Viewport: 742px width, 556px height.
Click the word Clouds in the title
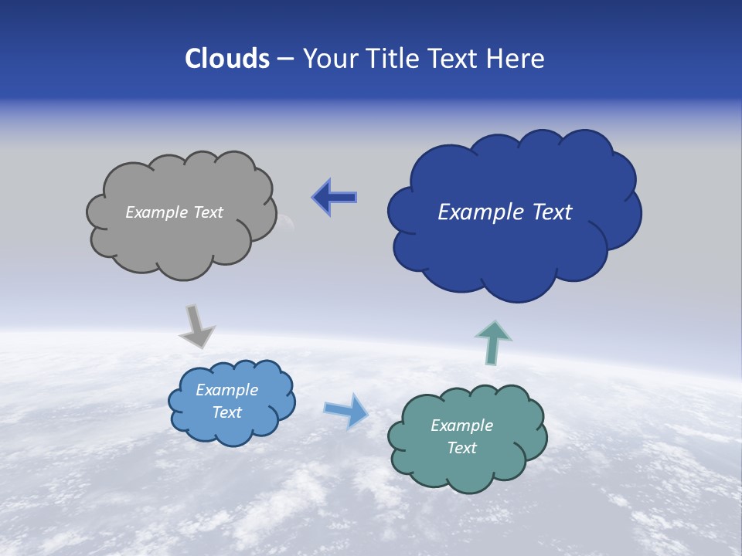[x=227, y=59]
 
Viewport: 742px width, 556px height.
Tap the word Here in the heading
[x=517, y=59]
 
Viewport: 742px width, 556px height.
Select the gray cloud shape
[x=182, y=239]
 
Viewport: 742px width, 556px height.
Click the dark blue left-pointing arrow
[x=335, y=198]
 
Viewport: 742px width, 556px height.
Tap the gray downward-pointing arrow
[x=196, y=326]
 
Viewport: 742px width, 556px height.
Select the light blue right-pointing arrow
[x=346, y=410]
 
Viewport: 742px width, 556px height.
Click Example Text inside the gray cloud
[x=174, y=212]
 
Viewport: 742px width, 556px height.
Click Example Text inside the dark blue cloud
[x=505, y=212]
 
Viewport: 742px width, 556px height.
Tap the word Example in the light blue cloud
[x=226, y=390]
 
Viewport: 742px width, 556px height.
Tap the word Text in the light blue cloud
[x=226, y=412]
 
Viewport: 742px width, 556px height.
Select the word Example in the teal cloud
[x=461, y=425]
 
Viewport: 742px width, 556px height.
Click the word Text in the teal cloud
[x=461, y=448]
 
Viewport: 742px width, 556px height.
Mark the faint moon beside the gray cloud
[x=288, y=224]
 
